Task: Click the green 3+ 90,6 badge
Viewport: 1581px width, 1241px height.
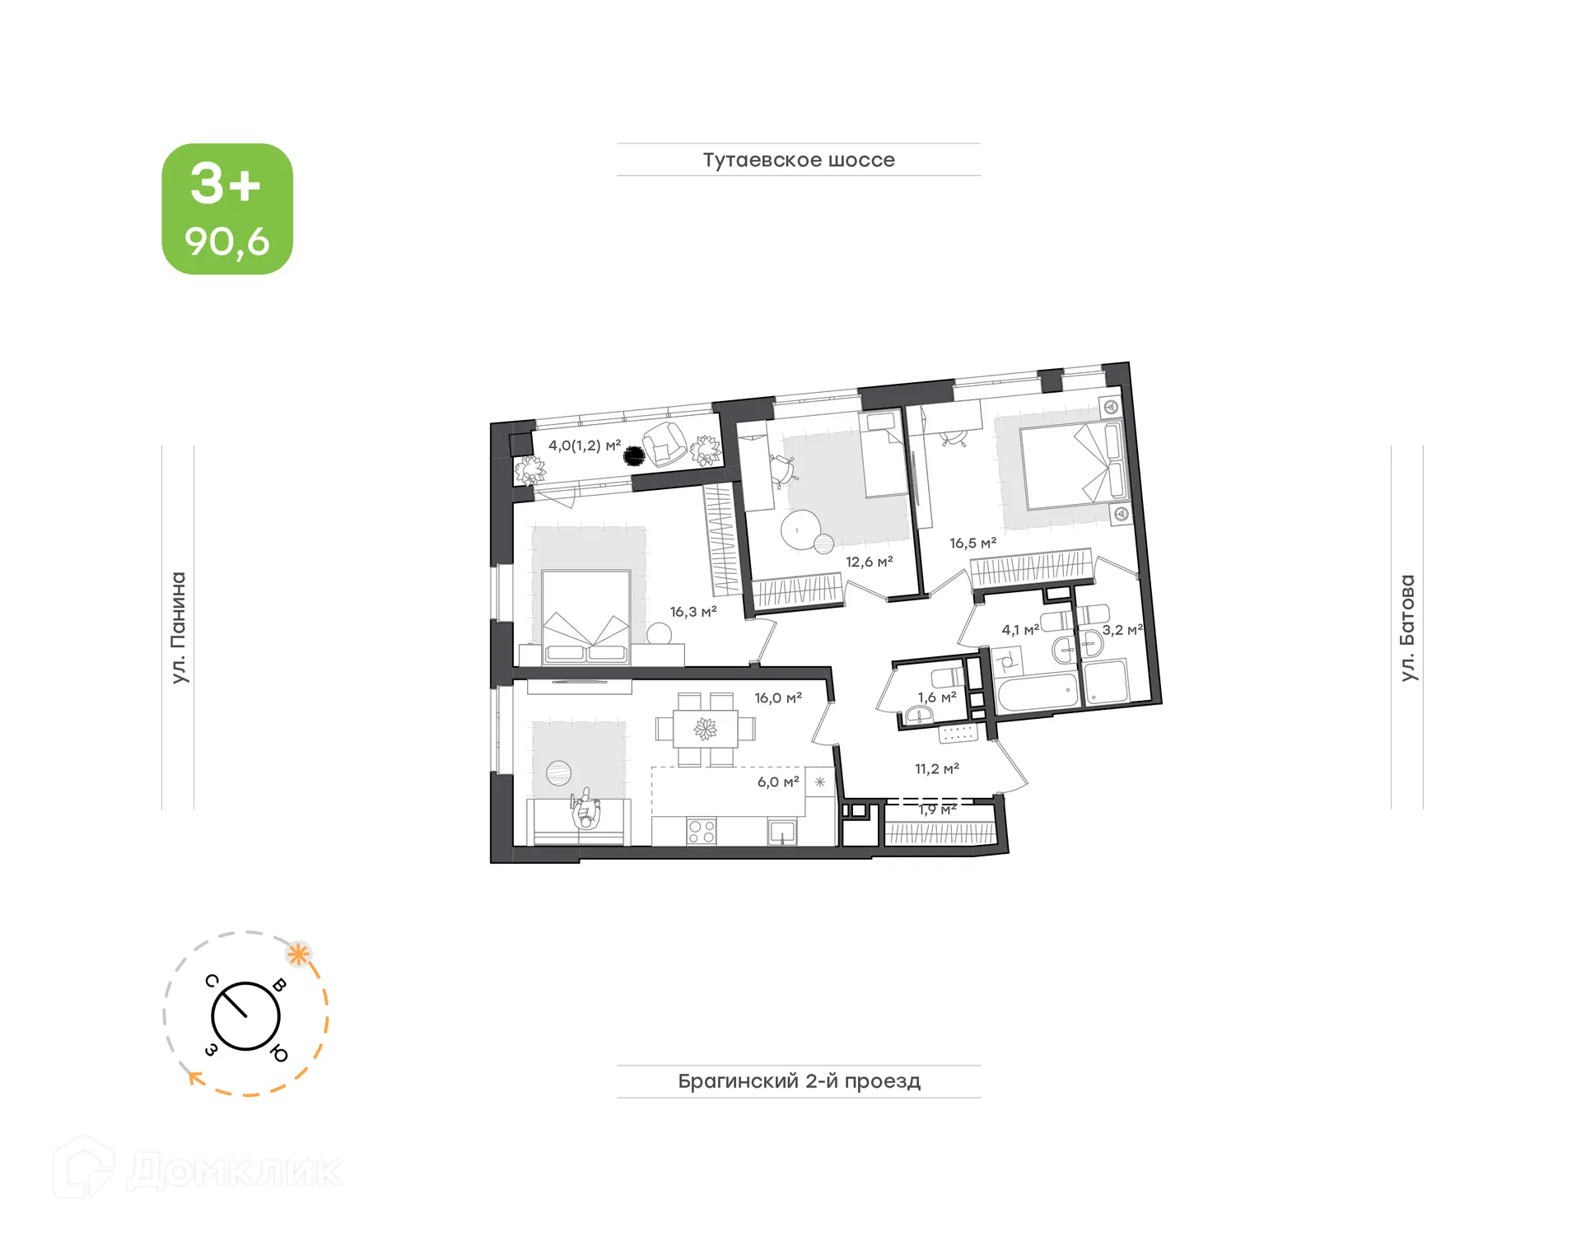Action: point(227,209)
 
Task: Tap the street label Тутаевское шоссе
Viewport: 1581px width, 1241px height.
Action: point(798,160)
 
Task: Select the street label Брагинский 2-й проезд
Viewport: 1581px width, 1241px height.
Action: point(799,1080)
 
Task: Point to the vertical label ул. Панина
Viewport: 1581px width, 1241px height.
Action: point(179,627)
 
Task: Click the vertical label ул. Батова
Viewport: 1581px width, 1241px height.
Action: point(1407,627)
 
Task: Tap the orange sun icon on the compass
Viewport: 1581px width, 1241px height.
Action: point(298,955)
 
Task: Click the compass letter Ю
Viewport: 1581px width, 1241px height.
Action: point(280,1053)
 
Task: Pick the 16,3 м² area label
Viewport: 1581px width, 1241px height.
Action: point(693,612)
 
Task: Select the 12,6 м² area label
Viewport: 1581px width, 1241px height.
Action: point(869,562)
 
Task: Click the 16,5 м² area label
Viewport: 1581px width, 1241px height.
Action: point(972,544)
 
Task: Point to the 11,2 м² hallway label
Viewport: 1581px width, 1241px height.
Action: point(937,769)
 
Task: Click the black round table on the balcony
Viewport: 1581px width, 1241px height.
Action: point(633,455)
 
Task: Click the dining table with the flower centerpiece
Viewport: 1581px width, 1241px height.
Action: point(705,729)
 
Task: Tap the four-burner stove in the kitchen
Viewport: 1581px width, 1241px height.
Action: point(702,831)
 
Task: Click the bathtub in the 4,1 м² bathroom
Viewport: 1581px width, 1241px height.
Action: point(1036,692)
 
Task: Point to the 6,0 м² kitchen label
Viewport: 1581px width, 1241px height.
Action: point(778,782)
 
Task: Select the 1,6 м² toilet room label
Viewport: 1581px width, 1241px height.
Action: point(937,697)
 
